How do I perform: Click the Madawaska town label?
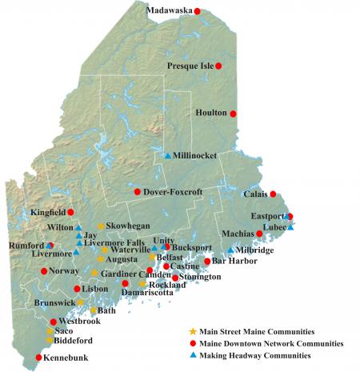(x=171, y=10)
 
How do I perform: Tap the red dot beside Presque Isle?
(x=219, y=66)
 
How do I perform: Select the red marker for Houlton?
(x=234, y=114)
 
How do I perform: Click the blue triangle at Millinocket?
(x=167, y=155)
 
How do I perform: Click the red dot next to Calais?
(x=273, y=194)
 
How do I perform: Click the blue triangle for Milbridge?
(x=231, y=250)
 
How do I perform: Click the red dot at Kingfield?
(x=70, y=212)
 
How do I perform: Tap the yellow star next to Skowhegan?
(x=101, y=226)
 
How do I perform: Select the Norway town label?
(x=64, y=271)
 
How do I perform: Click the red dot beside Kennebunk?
(x=38, y=358)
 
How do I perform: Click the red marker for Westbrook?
(x=54, y=322)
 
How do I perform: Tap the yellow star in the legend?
(x=192, y=330)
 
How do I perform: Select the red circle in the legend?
(x=192, y=342)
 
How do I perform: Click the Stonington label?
(x=200, y=277)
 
